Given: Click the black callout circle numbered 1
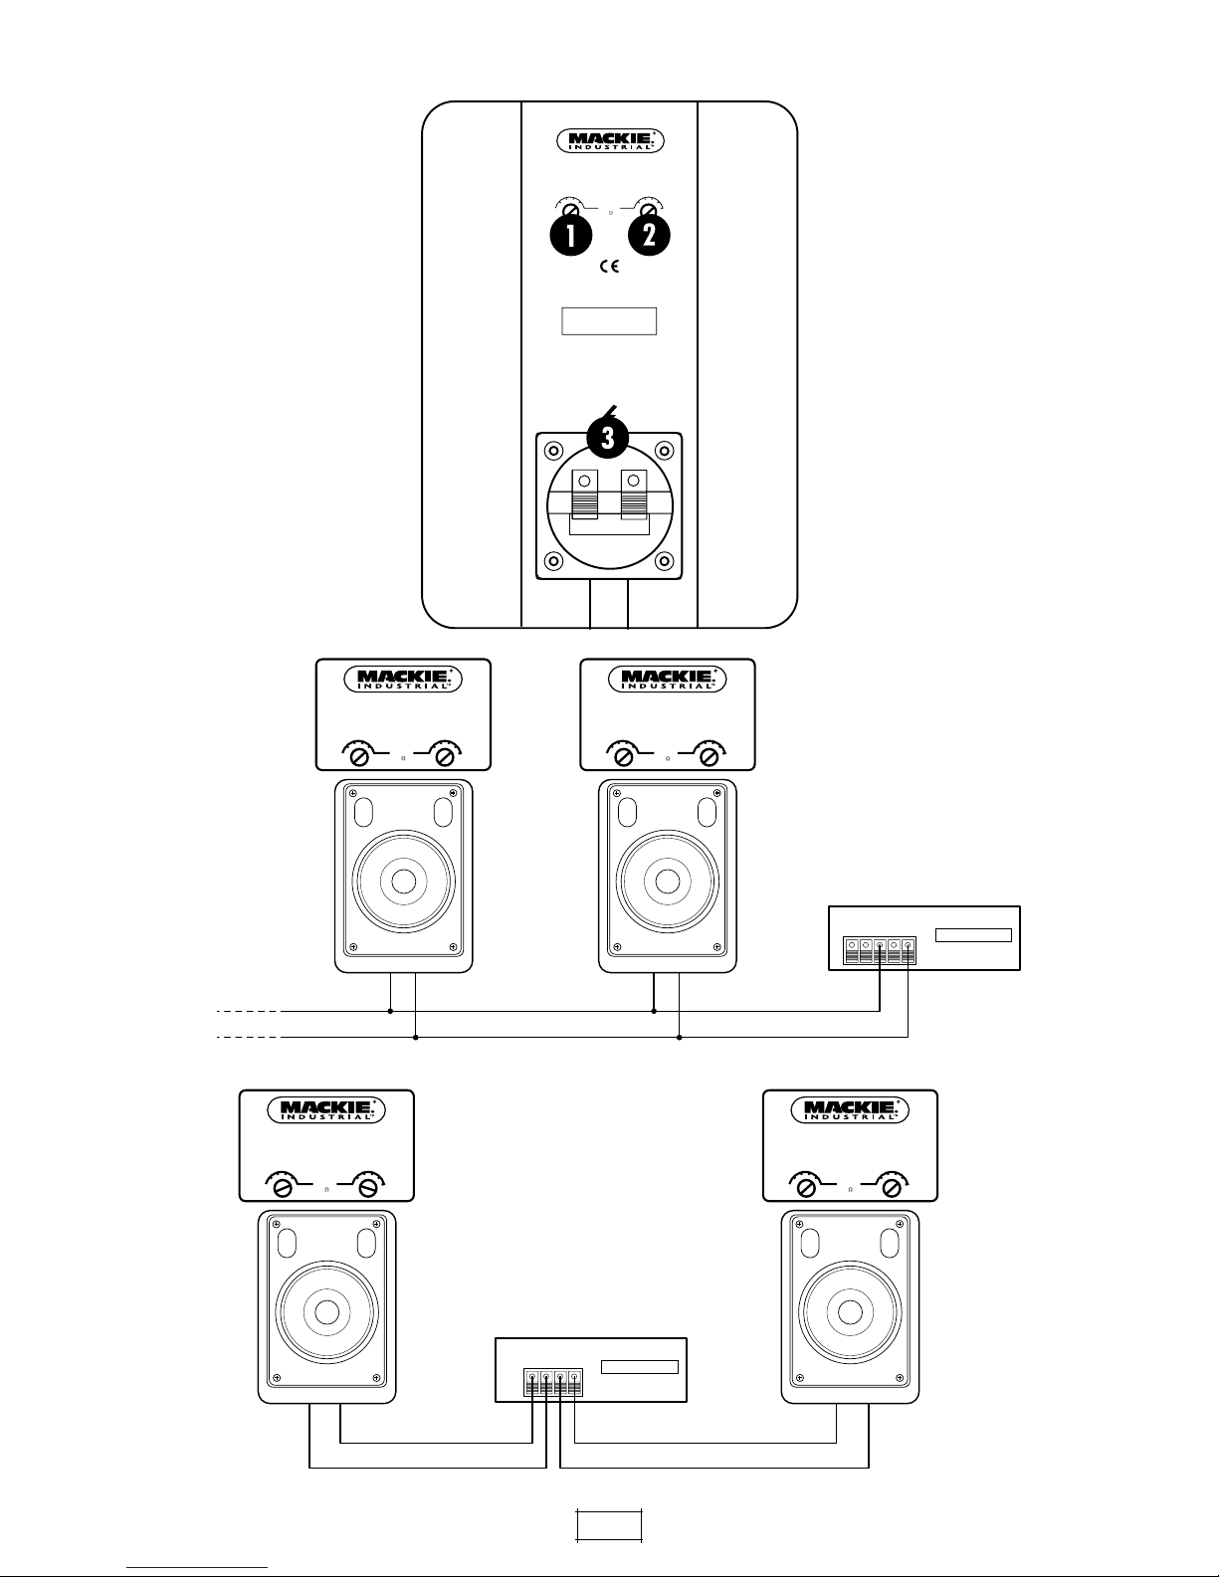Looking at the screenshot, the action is point(571,235).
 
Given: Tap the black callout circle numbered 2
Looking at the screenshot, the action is point(650,235).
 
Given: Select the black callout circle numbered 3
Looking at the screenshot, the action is point(607,438).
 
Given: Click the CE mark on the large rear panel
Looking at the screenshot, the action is point(609,267).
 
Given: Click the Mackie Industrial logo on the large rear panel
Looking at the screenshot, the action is point(610,141).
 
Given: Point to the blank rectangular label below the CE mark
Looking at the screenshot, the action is point(609,320).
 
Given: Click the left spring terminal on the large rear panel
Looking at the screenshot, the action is point(585,494).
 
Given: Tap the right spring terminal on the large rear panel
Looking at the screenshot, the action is point(634,494).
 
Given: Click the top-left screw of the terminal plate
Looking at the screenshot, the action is point(553,451).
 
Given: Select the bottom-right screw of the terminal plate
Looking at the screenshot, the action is point(664,561).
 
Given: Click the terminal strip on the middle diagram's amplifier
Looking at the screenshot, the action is point(880,951).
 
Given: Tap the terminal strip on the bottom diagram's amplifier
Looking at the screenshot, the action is point(553,1383).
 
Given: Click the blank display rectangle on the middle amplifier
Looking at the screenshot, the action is point(973,934).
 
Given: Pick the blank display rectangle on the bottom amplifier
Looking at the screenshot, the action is point(639,1367).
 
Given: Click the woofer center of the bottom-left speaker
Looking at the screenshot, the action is point(326,1312).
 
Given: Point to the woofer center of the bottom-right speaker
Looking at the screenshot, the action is point(850,1312).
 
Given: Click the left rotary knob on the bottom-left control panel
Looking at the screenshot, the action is point(283,1187).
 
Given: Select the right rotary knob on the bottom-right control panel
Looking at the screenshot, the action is point(892,1187).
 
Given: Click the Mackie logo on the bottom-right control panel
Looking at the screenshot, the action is point(849,1109).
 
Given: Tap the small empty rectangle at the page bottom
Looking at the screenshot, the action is point(609,1524).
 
